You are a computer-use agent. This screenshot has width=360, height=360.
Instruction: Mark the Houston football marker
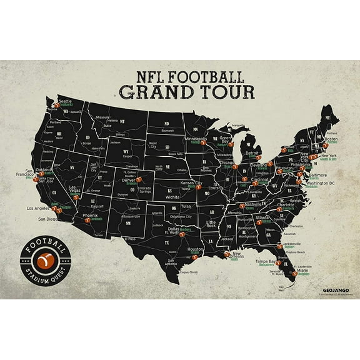(194, 257)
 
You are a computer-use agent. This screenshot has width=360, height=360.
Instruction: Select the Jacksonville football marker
(279, 246)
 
